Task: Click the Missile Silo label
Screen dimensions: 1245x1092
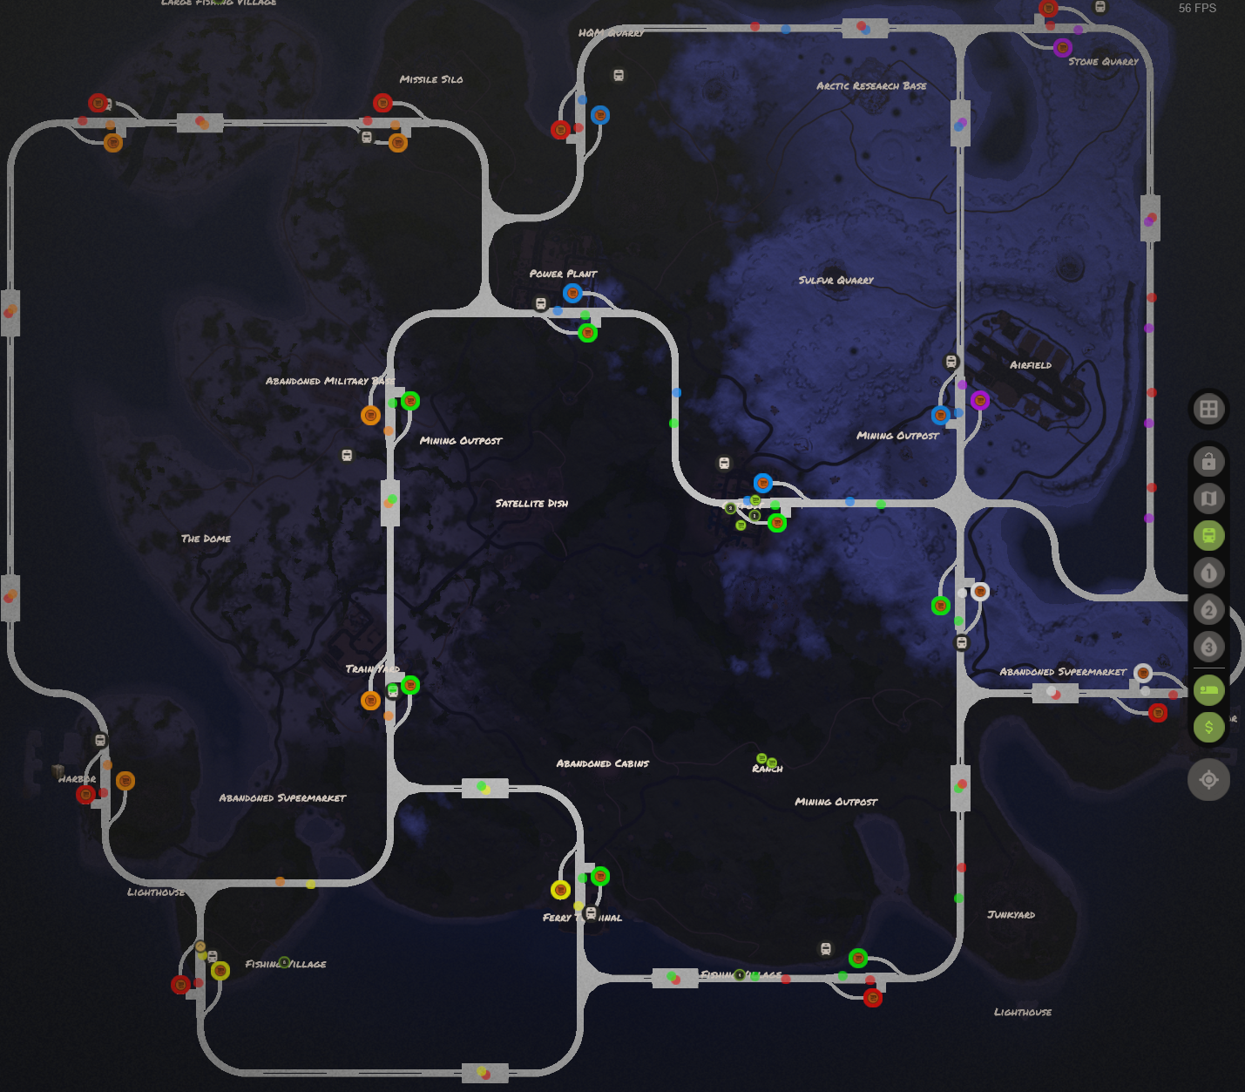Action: pyautogui.click(x=431, y=79)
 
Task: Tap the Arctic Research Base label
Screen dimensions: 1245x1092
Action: pyautogui.click(x=871, y=85)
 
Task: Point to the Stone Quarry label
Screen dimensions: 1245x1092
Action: pyautogui.click(x=1103, y=62)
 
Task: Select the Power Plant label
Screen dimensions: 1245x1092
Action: pyautogui.click(x=563, y=274)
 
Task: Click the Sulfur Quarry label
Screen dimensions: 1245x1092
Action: pyautogui.click(x=836, y=280)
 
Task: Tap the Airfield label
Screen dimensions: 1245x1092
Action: pyautogui.click(x=1030, y=365)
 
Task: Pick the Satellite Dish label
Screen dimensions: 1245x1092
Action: pyautogui.click(x=531, y=503)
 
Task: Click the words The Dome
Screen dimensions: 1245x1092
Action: pyautogui.click(x=206, y=539)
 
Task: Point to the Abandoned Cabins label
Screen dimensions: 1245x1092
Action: pyautogui.click(x=602, y=763)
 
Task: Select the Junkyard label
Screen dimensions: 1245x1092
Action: pyautogui.click(x=1011, y=914)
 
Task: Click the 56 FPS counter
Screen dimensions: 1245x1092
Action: pyautogui.click(x=1197, y=8)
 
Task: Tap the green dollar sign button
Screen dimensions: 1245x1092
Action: pyautogui.click(x=1208, y=727)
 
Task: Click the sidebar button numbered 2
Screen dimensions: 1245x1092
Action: pyautogui.click(x=1208, y=610)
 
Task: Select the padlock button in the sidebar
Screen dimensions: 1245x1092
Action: pyautogui.click(x=1208, y=462)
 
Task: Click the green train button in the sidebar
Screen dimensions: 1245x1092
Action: pyautogui.click(x=1208, y=536)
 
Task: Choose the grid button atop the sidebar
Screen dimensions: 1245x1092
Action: pyautogui.click(x=1208, y=409)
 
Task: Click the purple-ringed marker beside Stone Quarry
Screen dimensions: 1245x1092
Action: pyautogui.click(x=1062, y=47)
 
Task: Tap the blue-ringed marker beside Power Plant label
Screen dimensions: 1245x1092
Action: pyautogui.click(x=572, y=293)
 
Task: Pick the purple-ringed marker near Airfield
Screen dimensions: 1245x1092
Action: pyautogui.click(x=979, y=400)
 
